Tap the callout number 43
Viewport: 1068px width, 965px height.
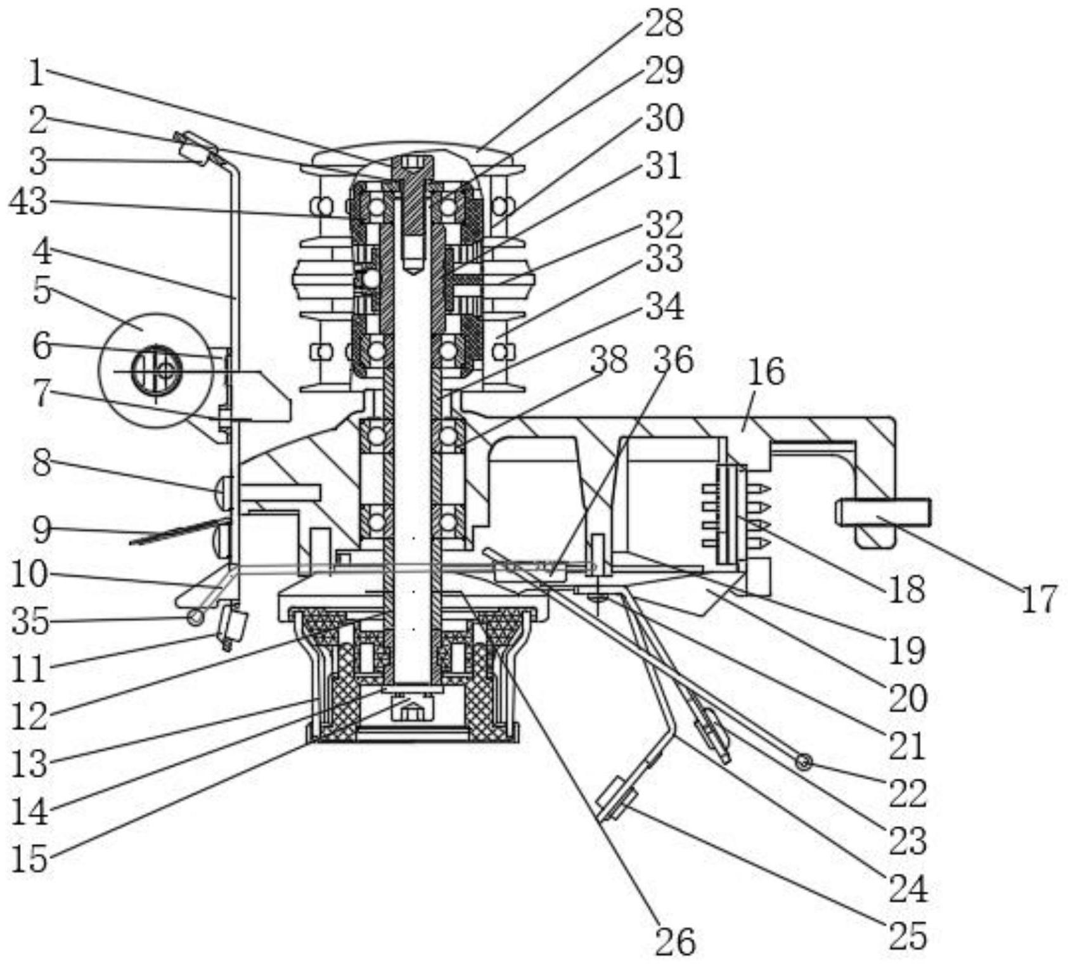(x=29, y=202)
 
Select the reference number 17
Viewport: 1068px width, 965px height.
(x=1039, y=599)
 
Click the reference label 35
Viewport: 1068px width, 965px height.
(x=30, y=621)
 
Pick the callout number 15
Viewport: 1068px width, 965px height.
(x=30, y=859)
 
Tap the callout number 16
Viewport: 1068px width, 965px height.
(x=766, y=372)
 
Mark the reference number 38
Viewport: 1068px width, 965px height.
(x=608, y=360)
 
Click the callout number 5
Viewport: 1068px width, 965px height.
(x=42, y=290)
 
